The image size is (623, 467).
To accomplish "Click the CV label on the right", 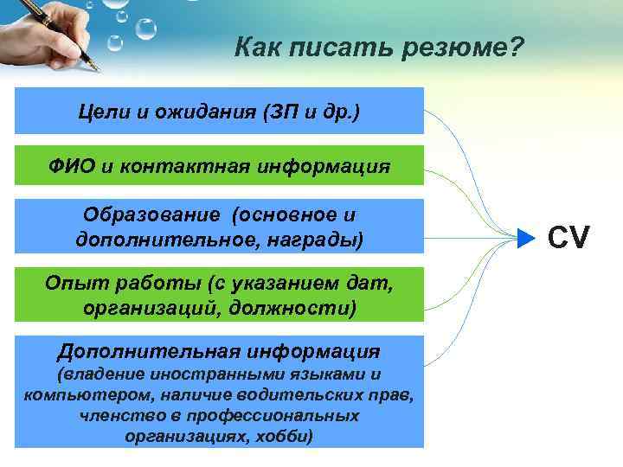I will pos(568,236).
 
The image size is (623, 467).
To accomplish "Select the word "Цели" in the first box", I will pos(99,112).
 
